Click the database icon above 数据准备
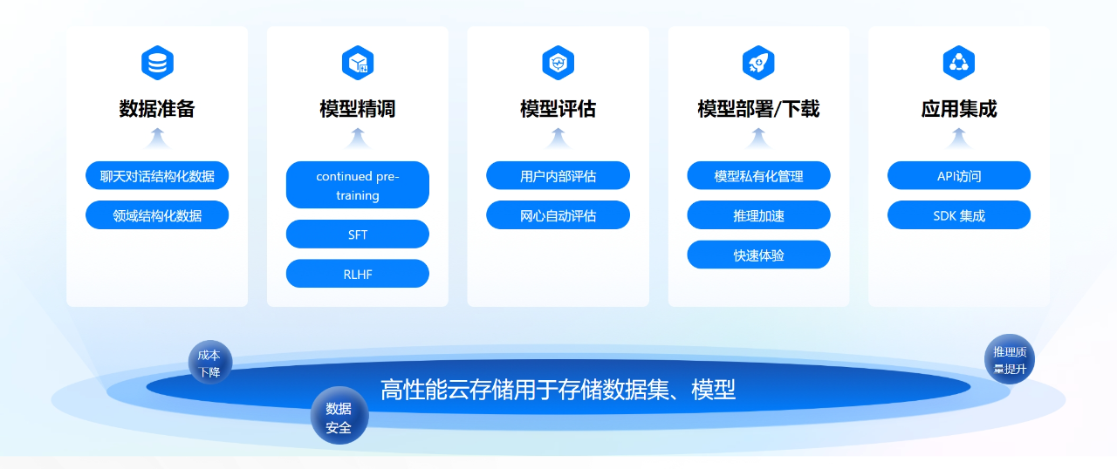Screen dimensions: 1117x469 [157, 63]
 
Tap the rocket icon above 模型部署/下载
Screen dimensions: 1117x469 [758, 63]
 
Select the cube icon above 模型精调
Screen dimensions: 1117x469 [358, 63]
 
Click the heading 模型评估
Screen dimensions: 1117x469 [558, 109]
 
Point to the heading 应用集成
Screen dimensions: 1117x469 [959, 109]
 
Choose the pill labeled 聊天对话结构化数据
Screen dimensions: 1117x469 [157, 175]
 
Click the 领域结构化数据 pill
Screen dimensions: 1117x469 [157, 215]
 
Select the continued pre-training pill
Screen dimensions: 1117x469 [358, 185]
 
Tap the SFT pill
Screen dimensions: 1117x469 [358, 234]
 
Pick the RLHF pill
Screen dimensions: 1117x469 [358, 274]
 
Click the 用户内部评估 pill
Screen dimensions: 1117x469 [558, 175]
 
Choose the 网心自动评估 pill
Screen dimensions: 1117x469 [558, 215]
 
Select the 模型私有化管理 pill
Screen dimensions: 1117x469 [758, 175]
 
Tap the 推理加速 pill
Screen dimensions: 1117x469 [758, 215]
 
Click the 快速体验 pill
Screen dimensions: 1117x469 [758, 255]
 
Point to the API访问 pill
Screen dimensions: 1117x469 [959, 175]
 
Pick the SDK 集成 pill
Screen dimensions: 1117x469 [959, 215]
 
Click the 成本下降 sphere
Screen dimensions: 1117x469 [210, 363]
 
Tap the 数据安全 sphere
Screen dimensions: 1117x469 [339, 415]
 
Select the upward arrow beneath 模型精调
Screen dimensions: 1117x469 [358, 139]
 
